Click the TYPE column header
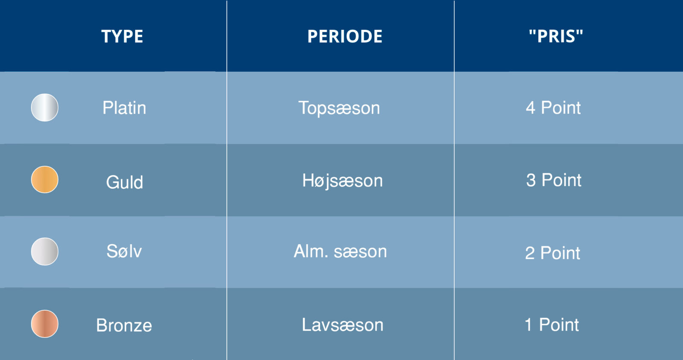coord(122,36)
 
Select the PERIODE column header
coord(345,36)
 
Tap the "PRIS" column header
coord(556,36)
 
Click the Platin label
coord(124,108)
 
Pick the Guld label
coord(124,182)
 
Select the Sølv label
coord(124,251)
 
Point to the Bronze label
coord(124,325)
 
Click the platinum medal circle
coord(44,107)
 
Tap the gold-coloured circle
coord(44,179)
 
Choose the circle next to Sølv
coord(44,252)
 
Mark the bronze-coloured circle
coord(44,324)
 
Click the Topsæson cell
coord(339,108)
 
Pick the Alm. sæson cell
coord(340,252)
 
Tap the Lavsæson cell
coord(342,325)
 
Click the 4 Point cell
coord(553,108)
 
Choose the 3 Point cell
coord(554,180)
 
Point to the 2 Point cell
coord(552,253)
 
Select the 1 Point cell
coord(552,325)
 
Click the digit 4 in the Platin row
coord(530,108)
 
